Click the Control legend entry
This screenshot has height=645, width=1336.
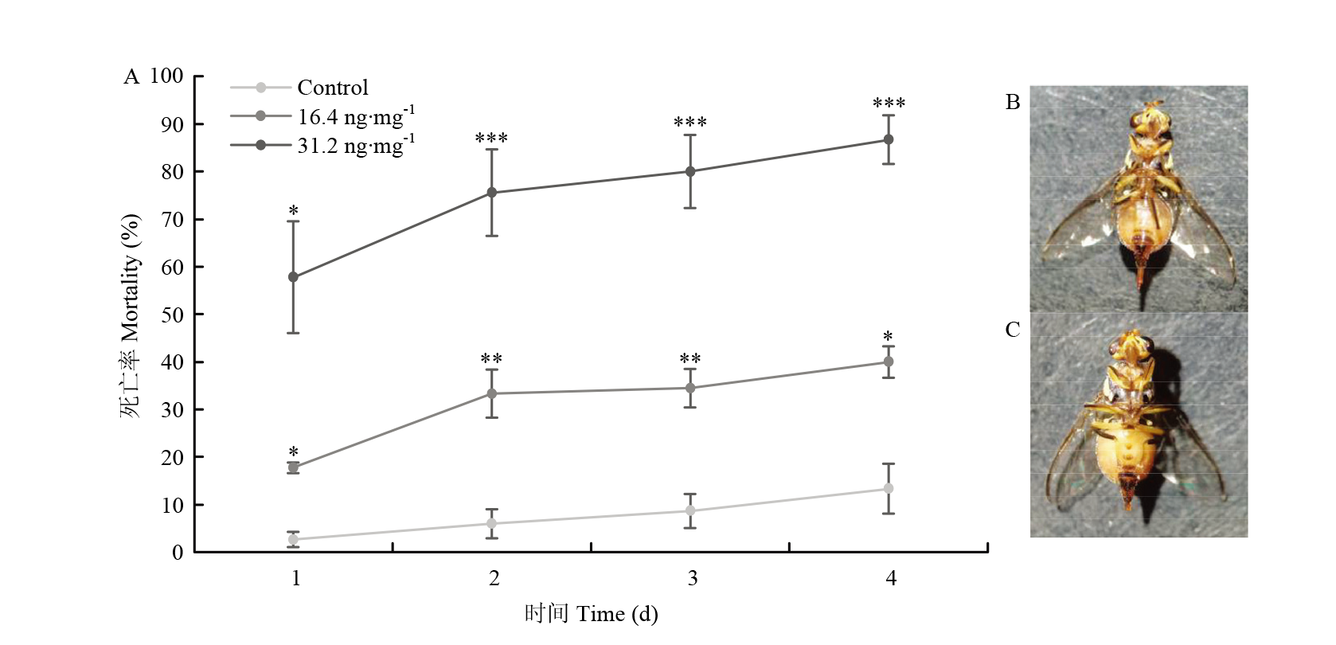click(x=332, y=88)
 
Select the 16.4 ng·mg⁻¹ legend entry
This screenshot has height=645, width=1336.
click(x=355, y=116)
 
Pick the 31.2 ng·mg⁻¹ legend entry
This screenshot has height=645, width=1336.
click(x=355, y=145)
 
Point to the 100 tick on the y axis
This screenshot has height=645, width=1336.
click(x=166, y=76)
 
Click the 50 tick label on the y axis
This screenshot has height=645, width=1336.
click(x=172, y=315)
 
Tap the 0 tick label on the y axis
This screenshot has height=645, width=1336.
click(x=178, y=553)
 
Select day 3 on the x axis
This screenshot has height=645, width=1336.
click(x=693, y=578)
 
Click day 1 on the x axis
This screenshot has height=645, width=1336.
click(x=296, y=578)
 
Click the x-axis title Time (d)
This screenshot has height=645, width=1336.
click(x=592, y=614)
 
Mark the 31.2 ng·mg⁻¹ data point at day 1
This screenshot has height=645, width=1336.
click(x=293, y=277)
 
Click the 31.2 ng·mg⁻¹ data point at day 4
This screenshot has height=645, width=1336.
click(x=889, y=139)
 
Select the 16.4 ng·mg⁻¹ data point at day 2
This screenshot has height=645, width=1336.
click(x=491, y=393)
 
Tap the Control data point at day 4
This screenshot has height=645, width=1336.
click(x=889, y=488)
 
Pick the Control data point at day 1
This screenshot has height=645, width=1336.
click(x=293, y=539)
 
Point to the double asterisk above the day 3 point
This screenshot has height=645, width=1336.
click(x=690, y=360)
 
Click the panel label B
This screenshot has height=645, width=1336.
click(x=1013, y=102)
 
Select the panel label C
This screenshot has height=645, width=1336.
click(x=1013, y=330)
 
